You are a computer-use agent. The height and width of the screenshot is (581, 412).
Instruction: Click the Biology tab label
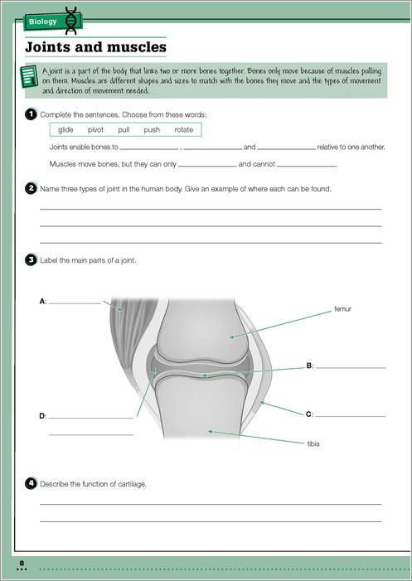pos(44,22)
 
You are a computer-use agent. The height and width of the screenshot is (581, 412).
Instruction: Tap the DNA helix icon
pos(70,21)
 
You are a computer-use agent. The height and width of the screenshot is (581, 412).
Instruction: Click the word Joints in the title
pos(47,47)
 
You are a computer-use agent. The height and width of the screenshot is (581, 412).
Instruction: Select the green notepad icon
pos(29,76)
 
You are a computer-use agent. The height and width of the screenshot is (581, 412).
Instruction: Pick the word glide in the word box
pos(65,129)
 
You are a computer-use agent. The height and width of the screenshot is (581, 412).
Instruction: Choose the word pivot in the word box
pos(95,129)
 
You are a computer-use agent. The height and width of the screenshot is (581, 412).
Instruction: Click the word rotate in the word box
pos(184,129)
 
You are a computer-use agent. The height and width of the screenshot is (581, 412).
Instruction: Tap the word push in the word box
pos(152,129)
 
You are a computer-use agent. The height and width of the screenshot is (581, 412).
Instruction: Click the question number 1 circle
pos(31,114)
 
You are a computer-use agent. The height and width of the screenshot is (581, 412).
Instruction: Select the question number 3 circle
pos(31,260)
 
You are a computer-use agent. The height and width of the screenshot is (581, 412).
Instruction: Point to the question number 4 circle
pos(31,483)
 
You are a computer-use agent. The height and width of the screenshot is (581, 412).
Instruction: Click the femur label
pos(342,309)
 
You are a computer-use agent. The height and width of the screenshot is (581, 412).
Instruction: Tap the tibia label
pos(313,444)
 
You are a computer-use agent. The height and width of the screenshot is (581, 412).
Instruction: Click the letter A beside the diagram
pos(42,302)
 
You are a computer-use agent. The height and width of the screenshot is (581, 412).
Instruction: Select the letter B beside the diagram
pos(309,366)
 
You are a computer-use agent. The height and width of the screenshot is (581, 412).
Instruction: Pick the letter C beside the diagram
pos(309,414)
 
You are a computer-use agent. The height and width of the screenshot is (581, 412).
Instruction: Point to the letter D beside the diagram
pos(42,416)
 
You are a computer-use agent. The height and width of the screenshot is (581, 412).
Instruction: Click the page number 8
pos(22,564)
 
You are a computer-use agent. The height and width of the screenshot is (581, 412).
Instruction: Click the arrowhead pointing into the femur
pos(232,336)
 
